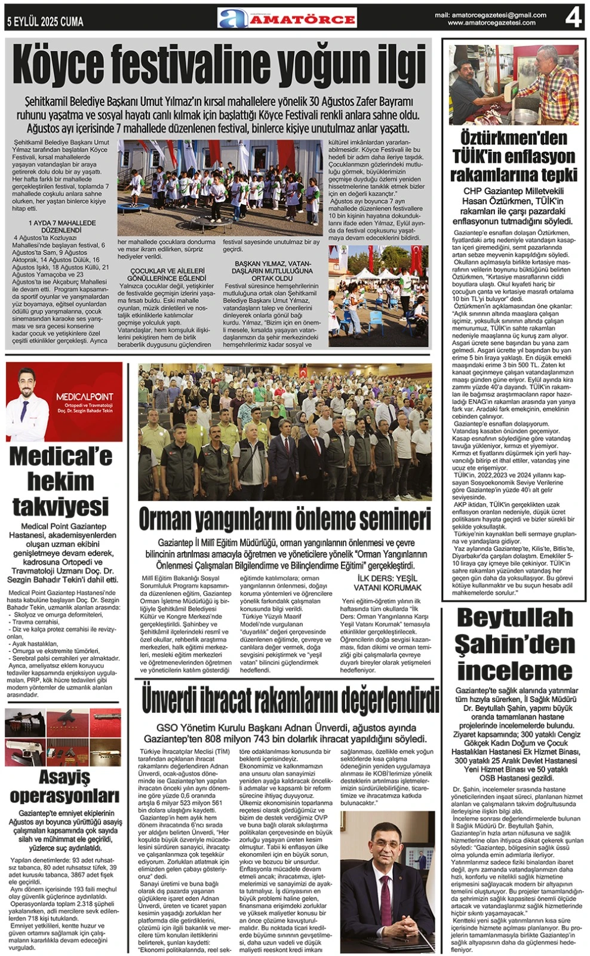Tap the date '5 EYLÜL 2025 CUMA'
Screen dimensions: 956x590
45,22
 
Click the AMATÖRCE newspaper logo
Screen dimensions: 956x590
287,19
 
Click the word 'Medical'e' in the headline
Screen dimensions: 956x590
61,456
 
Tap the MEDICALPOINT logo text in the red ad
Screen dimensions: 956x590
84,396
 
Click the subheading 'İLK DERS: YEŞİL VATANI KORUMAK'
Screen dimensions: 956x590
388,583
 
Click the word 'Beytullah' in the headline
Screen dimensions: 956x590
514,617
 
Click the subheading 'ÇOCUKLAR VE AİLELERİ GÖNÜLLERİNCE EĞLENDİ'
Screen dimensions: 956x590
167,274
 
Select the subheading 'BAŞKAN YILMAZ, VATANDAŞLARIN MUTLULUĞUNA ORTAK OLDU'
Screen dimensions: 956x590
272,271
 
